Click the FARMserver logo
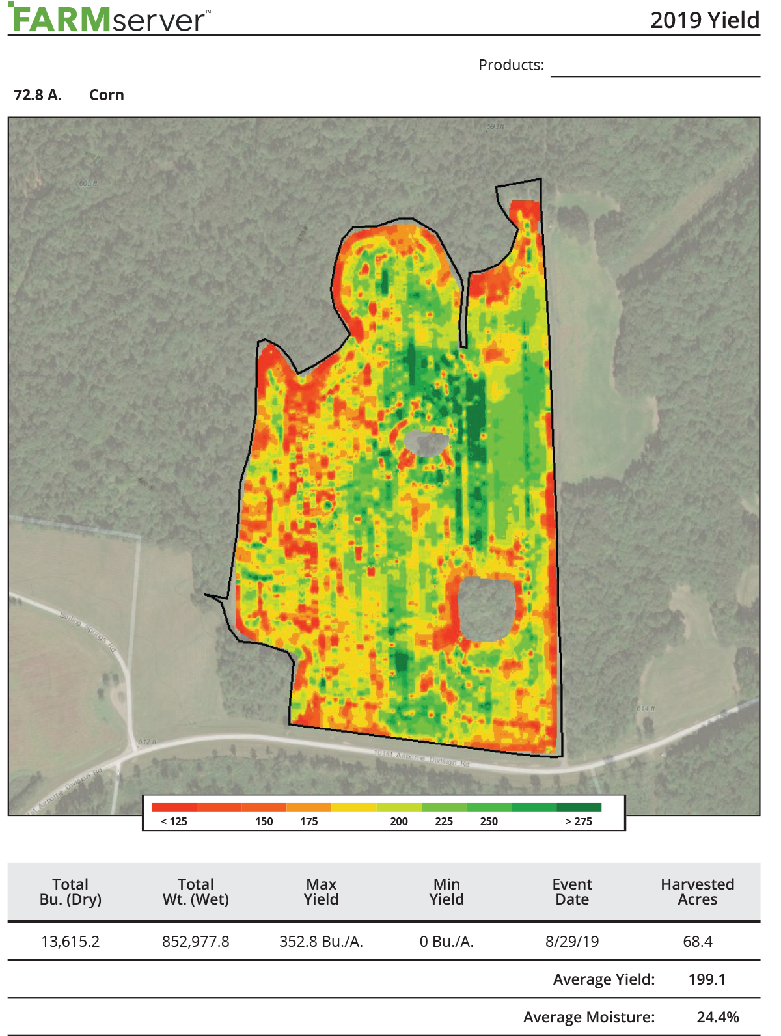coord(109,19)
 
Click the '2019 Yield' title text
coord(704,20)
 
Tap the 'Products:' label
coord(511,65)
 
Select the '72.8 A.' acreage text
coord(38,95)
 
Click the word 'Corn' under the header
coord(107,95)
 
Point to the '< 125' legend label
coord(174,821)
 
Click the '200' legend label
coord(399,821)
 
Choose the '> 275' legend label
coord(579,821)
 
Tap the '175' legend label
coord(309,821)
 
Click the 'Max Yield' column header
coord(322,892)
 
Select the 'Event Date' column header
coord(572,892)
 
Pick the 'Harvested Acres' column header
coord(697,892)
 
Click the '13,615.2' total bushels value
coord(70,941)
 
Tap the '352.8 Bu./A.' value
coord(322,941)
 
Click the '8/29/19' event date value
coord(572,941)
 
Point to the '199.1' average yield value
coord(707,979)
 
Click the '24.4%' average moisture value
coord(717,1017)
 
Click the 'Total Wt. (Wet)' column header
coord(196,892)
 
